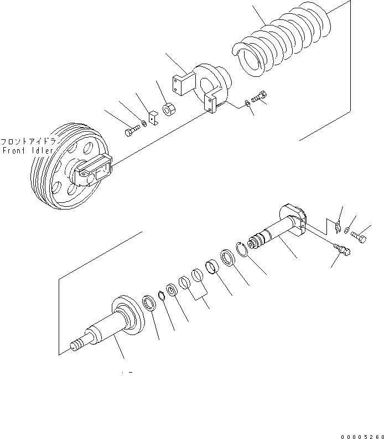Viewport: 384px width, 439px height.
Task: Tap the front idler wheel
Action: click(70, 166)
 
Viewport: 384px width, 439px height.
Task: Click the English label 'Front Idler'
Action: click(28, 150)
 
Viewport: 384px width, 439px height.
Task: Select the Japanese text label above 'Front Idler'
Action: click(28, 142)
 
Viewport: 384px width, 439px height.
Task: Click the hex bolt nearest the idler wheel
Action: click(132, 130)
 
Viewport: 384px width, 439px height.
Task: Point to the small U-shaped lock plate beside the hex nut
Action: click(153, 118)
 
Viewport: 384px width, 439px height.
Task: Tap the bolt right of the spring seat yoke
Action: click(259, 97)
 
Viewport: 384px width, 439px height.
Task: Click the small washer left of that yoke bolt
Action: click(247, 103)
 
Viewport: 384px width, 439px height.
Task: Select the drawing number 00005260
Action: click(362, 436)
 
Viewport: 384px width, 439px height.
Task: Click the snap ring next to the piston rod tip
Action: click(241, 249)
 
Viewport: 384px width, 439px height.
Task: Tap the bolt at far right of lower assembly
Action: click(359, 237)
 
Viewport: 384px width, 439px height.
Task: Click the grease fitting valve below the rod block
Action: click(342, 249)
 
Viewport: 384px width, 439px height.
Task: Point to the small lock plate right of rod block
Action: click(338, 227)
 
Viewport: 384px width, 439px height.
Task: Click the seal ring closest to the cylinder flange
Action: click(149, 303)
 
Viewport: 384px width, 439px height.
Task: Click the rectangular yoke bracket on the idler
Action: click(94, 169)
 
